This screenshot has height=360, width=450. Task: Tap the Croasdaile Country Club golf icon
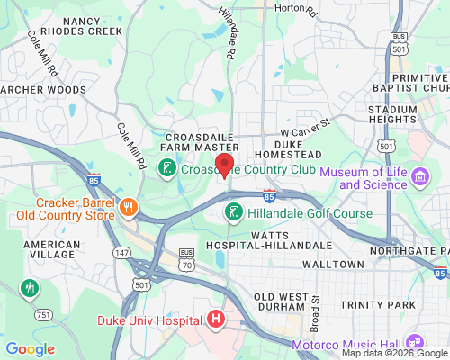(x=166, y=168)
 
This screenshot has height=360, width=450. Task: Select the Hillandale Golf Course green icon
(x=232, y=213)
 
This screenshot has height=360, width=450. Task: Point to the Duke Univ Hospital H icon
(x=215, y=319)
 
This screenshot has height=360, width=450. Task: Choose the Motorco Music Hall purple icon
(x=415, y=343)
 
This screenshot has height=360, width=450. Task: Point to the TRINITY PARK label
(x=378, y=304)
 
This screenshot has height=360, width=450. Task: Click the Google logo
(x=30, y=348)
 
